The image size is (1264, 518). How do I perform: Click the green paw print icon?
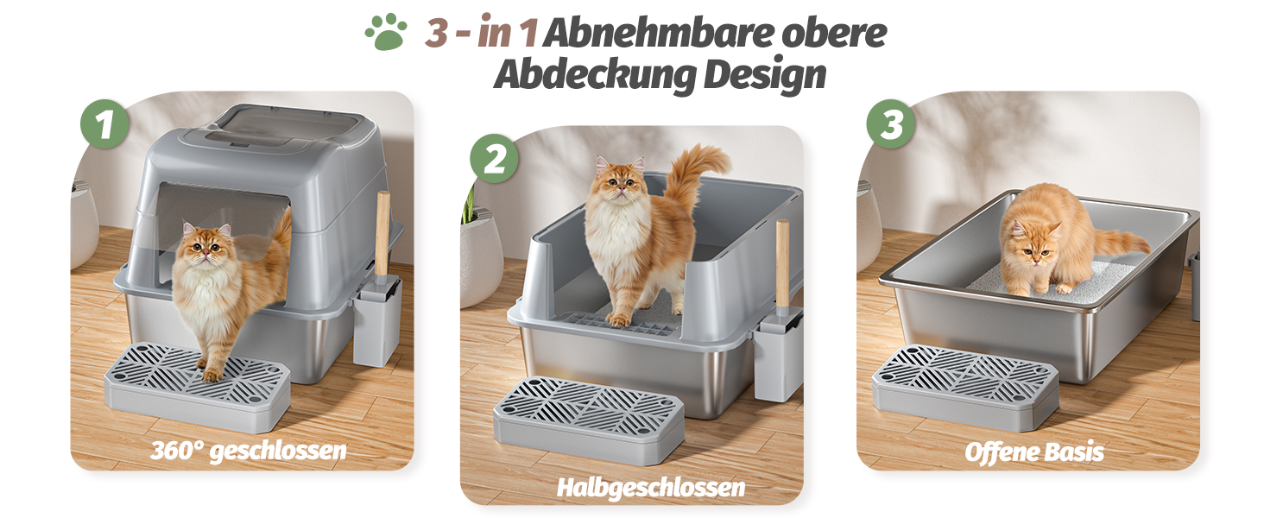point(386,32)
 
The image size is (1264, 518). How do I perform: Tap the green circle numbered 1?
point(105,124)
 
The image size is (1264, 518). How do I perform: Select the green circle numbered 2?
point(495,159)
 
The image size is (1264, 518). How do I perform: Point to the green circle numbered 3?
point(891,124)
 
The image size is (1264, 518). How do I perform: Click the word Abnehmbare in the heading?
point(658,34)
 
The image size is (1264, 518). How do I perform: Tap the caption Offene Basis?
point(1034,452)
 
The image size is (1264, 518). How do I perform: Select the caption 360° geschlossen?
point(249,451)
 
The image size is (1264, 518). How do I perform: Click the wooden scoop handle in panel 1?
point(383,233)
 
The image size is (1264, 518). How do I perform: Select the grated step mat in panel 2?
point(589,420)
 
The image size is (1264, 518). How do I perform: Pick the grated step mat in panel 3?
point(965,388)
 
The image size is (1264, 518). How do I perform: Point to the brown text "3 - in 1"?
point(481,32)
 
